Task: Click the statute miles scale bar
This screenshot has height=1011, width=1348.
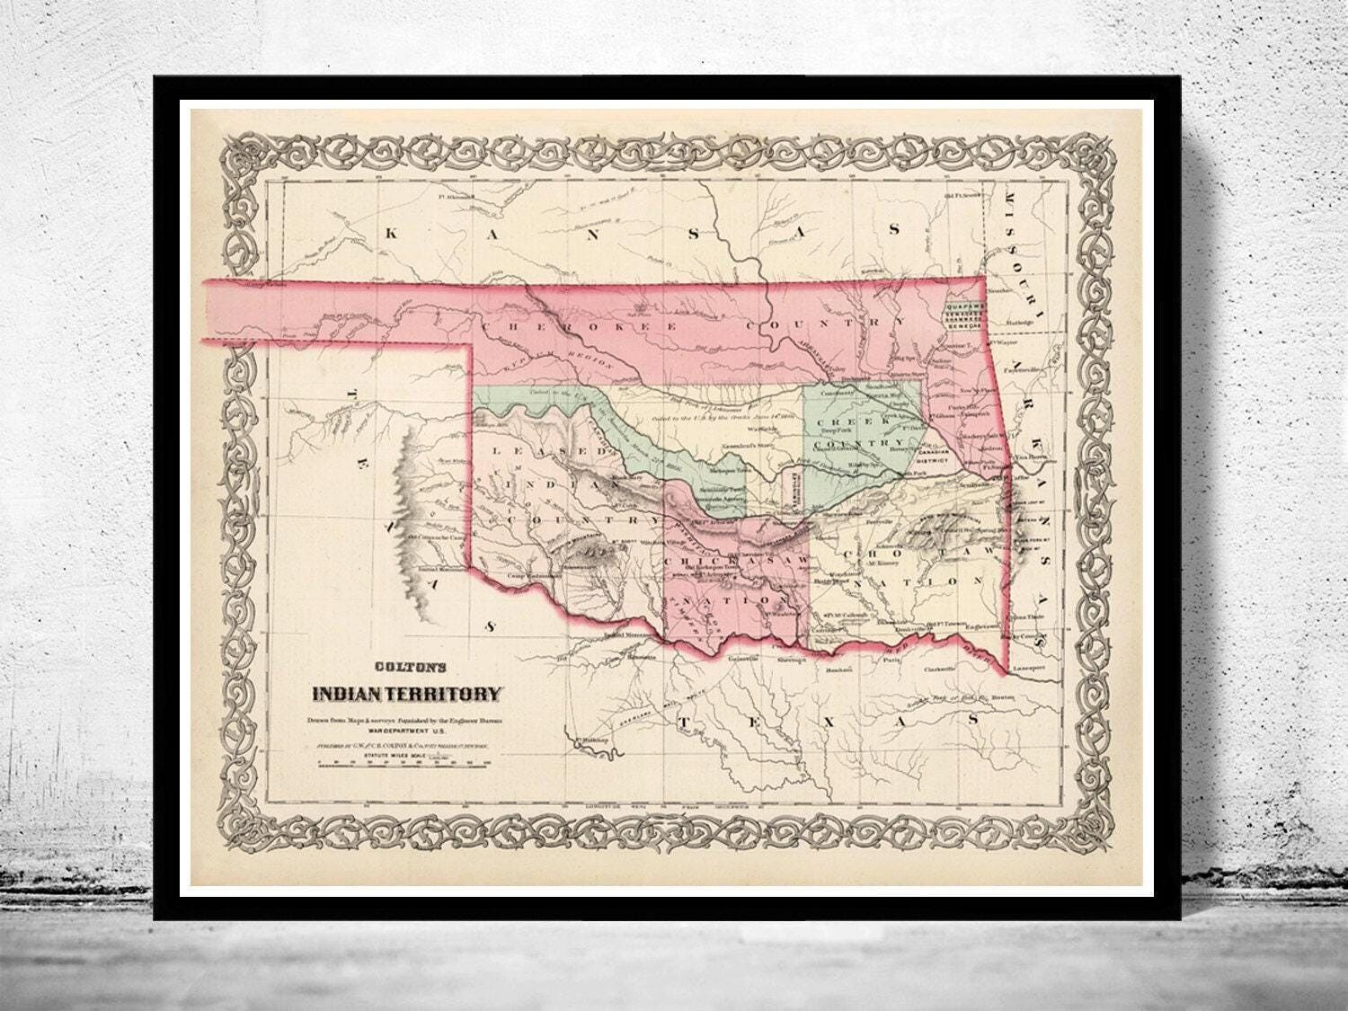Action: (x=401, y=763)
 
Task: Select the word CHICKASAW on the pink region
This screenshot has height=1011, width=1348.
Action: (x=731, y=562)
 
